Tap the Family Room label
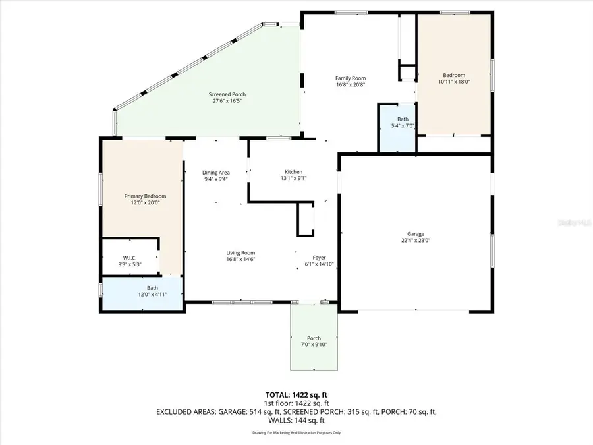(350, 78)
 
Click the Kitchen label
(293, 171)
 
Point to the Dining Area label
(215, 172)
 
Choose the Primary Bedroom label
(146, 196)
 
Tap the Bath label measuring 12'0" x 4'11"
(152, 287)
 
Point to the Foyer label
(319, 258)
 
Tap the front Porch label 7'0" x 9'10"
(314, 338)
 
